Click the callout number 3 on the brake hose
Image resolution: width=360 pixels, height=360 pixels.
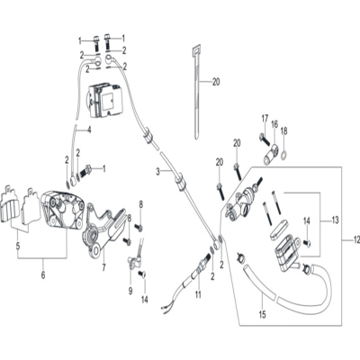158,172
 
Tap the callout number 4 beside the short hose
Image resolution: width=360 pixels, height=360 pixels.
89,130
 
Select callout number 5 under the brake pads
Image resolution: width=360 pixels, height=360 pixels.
18,247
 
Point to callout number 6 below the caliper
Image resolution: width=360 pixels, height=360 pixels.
43,274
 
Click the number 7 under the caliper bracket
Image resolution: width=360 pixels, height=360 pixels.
103,267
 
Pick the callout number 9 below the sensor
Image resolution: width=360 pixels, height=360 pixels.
130,291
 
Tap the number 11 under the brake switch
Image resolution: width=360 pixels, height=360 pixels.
198,294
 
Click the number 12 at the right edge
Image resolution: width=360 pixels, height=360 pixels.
355,240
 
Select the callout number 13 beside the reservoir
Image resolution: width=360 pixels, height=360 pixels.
335,220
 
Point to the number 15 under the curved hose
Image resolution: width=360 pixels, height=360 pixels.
262,314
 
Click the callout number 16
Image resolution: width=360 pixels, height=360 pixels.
274,124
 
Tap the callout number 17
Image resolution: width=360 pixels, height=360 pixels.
265,119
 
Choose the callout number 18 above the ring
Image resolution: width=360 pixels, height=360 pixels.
283,130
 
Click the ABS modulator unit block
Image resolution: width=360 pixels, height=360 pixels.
104,100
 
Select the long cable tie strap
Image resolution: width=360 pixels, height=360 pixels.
195,92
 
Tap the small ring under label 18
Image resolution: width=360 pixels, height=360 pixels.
283,156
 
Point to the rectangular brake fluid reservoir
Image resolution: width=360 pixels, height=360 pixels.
286,253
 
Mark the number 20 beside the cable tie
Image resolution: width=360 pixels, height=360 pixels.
216,82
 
